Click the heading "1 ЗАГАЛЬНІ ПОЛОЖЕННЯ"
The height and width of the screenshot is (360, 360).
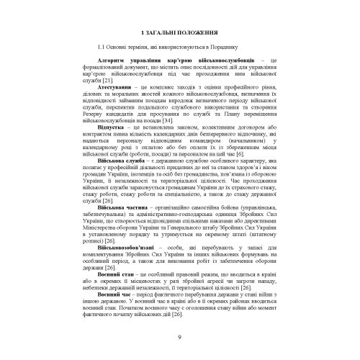click(179, 33)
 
